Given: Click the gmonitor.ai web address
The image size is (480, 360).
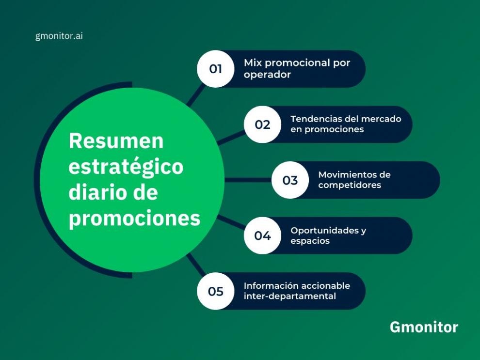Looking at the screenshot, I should [x=59, y=36].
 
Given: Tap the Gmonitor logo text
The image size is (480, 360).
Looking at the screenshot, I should [x=424, y=327].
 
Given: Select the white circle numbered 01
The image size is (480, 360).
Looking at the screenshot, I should [x=216, y=69].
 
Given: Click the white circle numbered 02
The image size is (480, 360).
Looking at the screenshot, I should [x=262, y=125].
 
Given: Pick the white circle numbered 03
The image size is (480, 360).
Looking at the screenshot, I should [x=290, y=180].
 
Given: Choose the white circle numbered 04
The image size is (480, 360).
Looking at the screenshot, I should [x=262, y=235].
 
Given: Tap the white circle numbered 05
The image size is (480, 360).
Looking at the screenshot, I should [x=216, y=291].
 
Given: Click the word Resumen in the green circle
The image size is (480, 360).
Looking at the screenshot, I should [x=116, y=141].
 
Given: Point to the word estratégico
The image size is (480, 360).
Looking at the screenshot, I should [x=126, y=167].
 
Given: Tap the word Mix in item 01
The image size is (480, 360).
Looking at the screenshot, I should [x=253, y=63].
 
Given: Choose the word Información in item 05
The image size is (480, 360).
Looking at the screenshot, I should [x=268, y=285].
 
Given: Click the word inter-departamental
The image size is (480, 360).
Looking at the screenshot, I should [x=289, y=296].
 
